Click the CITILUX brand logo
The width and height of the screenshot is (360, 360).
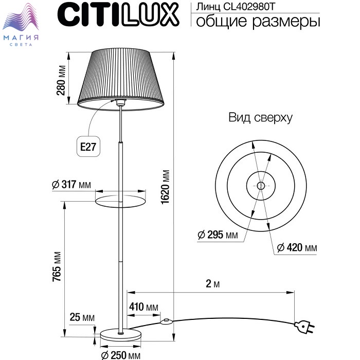118,15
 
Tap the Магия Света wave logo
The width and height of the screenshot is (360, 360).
21,25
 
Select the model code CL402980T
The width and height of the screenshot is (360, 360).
248,7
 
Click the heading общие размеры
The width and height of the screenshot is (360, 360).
258,22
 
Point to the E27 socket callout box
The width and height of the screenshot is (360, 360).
88,146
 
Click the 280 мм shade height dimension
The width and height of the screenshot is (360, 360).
61,80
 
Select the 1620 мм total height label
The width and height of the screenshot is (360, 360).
165,187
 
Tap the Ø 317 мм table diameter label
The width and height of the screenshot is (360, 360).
71,184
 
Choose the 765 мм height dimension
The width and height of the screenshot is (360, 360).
57,266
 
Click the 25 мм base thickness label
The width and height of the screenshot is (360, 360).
82,317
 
